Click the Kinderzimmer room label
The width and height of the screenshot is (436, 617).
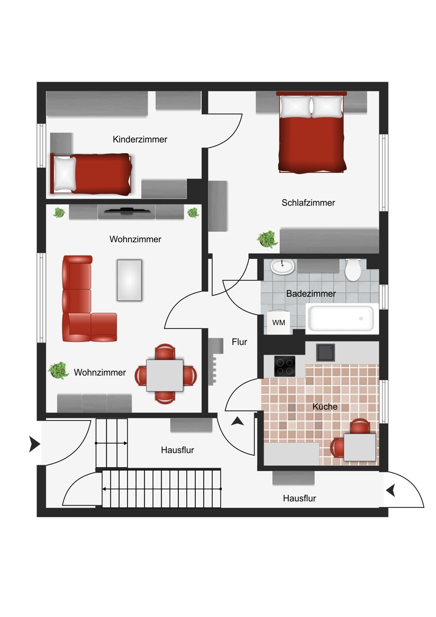pyautogui.click(x=140, y=139)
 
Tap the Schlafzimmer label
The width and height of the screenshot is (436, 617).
pyautogui.click(x=308, y=203)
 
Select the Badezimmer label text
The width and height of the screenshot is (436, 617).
pyautogui.click(x=311, y=294)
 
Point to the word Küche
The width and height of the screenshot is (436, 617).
pyautogui.click(x=325, y=407)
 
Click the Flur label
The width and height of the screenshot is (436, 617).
pyautogui.click(x=240, y=342)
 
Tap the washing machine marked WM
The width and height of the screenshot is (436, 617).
pyautogui.click(x=279, y=322)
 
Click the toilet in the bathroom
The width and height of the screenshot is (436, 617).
pyautogui.click(x=353, y=269)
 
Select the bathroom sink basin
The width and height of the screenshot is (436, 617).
pyautogui.click(x=282, y=267)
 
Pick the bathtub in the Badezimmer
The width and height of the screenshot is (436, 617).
pyautogui.click(x=341, y=318)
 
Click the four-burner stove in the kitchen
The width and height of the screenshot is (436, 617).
pyautogui.click(x=284, y=366)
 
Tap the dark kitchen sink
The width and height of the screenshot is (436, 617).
pyautogui.click(x=325, y=352)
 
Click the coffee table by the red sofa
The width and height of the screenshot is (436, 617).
pyautogui.click(x=130, y=280)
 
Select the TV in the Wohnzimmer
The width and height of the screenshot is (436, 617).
pyautogui.click(x=128, y=211)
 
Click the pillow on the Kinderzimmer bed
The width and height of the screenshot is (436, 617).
pyautogui.click(x=65, y=174)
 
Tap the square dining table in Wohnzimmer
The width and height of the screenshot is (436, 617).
pyautogui.click(x=165, y=375)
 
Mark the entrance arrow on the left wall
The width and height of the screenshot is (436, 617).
pyautogui.click(x=34, y=444)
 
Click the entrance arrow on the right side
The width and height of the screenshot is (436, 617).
pyautogui.click(x=391, y=491)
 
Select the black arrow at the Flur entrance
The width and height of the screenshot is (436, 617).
pyautogui.click(x=238, y=421)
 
